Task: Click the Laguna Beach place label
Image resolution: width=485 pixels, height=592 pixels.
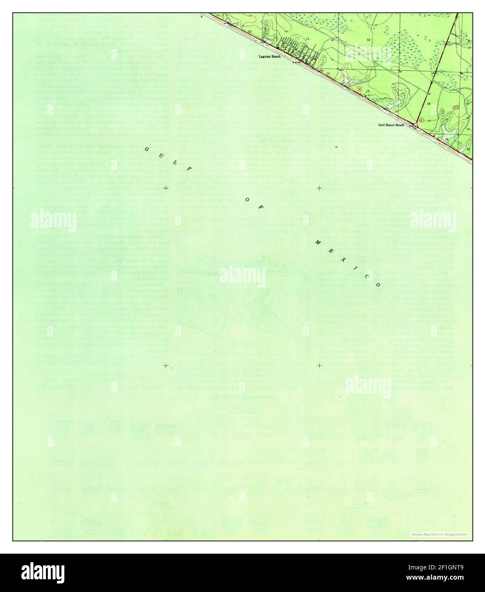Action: [269, 56]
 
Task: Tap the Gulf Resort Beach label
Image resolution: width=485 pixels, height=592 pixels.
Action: [391, 125]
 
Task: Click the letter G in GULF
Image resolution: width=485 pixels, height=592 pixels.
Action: [146, 149]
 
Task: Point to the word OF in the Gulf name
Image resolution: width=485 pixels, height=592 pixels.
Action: [254, 204]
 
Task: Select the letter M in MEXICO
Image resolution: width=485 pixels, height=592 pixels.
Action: [318, 242]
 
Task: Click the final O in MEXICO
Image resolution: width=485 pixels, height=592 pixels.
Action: [378, 285]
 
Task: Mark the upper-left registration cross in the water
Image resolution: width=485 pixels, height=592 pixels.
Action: [165, 188]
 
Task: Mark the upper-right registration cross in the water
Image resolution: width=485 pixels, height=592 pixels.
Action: [319, 188]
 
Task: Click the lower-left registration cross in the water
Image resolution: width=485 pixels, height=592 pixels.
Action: [165, 365]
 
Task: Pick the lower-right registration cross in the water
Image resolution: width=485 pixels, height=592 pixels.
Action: [319, 365]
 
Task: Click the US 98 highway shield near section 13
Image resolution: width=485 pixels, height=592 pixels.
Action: [360, 89]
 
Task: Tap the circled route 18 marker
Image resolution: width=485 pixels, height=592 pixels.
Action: [421, 121]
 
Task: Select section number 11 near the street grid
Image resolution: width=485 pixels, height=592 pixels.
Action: [307, 39]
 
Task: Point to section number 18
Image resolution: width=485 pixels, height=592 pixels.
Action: [428, 103]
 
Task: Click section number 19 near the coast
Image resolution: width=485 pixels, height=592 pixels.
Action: [447, 139]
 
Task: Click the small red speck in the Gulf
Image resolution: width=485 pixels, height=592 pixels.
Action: [337, 147]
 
